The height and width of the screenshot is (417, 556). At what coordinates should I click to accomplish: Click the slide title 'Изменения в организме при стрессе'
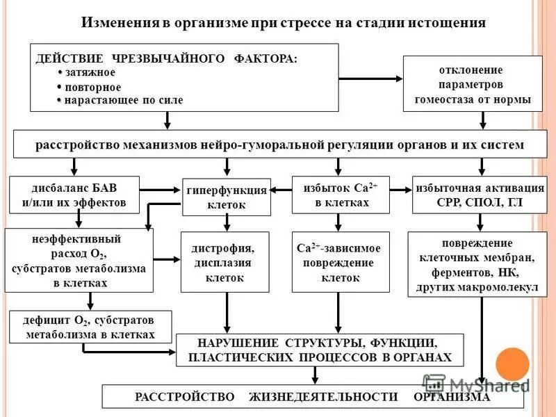pos(284,23)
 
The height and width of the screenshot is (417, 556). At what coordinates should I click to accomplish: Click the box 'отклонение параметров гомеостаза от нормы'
pos(472,85)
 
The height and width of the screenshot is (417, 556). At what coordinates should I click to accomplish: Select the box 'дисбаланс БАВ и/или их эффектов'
pos(74,195)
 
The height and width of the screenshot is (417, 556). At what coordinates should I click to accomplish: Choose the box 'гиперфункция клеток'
pos(226,197)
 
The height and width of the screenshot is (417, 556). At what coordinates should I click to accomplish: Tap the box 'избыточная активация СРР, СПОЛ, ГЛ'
pos(479,195)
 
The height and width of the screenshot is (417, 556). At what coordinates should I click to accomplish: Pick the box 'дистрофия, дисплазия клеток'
pos(224,262)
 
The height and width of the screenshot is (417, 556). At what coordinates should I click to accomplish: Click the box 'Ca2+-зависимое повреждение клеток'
pos(338,262)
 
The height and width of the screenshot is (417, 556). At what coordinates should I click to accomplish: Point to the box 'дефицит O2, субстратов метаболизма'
pos(89,327)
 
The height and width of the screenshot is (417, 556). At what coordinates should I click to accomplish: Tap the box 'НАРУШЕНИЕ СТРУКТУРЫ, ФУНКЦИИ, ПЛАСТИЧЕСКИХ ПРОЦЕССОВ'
pos(319,350)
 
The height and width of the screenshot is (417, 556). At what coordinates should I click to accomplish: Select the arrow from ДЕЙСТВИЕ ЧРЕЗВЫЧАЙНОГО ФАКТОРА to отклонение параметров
pos(371,77)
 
